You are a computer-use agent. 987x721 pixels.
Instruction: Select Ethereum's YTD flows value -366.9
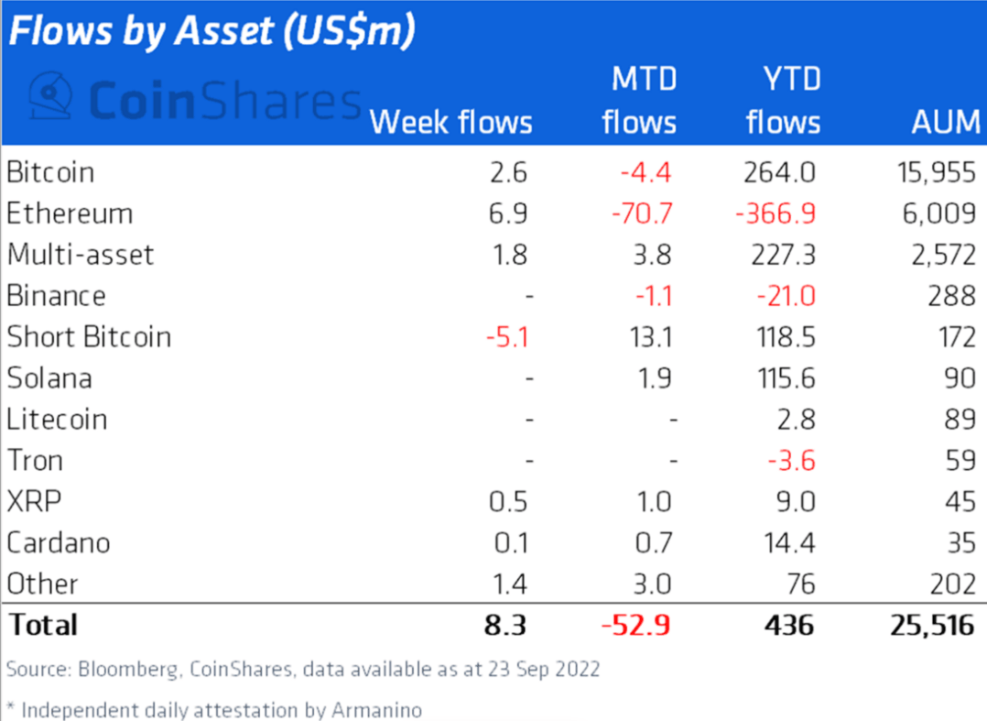[775, 213]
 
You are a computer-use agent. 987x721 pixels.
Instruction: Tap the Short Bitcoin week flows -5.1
[506, 337]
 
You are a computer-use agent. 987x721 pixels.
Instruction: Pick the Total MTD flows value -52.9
[635, 625]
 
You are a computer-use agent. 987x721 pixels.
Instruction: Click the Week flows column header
[450, 122]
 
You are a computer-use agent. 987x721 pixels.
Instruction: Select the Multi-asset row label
[81, 255]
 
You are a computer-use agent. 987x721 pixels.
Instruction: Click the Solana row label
[49, 378]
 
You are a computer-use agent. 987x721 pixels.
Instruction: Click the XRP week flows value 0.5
[509, 502]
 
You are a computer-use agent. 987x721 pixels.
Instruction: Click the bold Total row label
[42, 625]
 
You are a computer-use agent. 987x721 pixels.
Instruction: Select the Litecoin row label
[57, 420]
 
